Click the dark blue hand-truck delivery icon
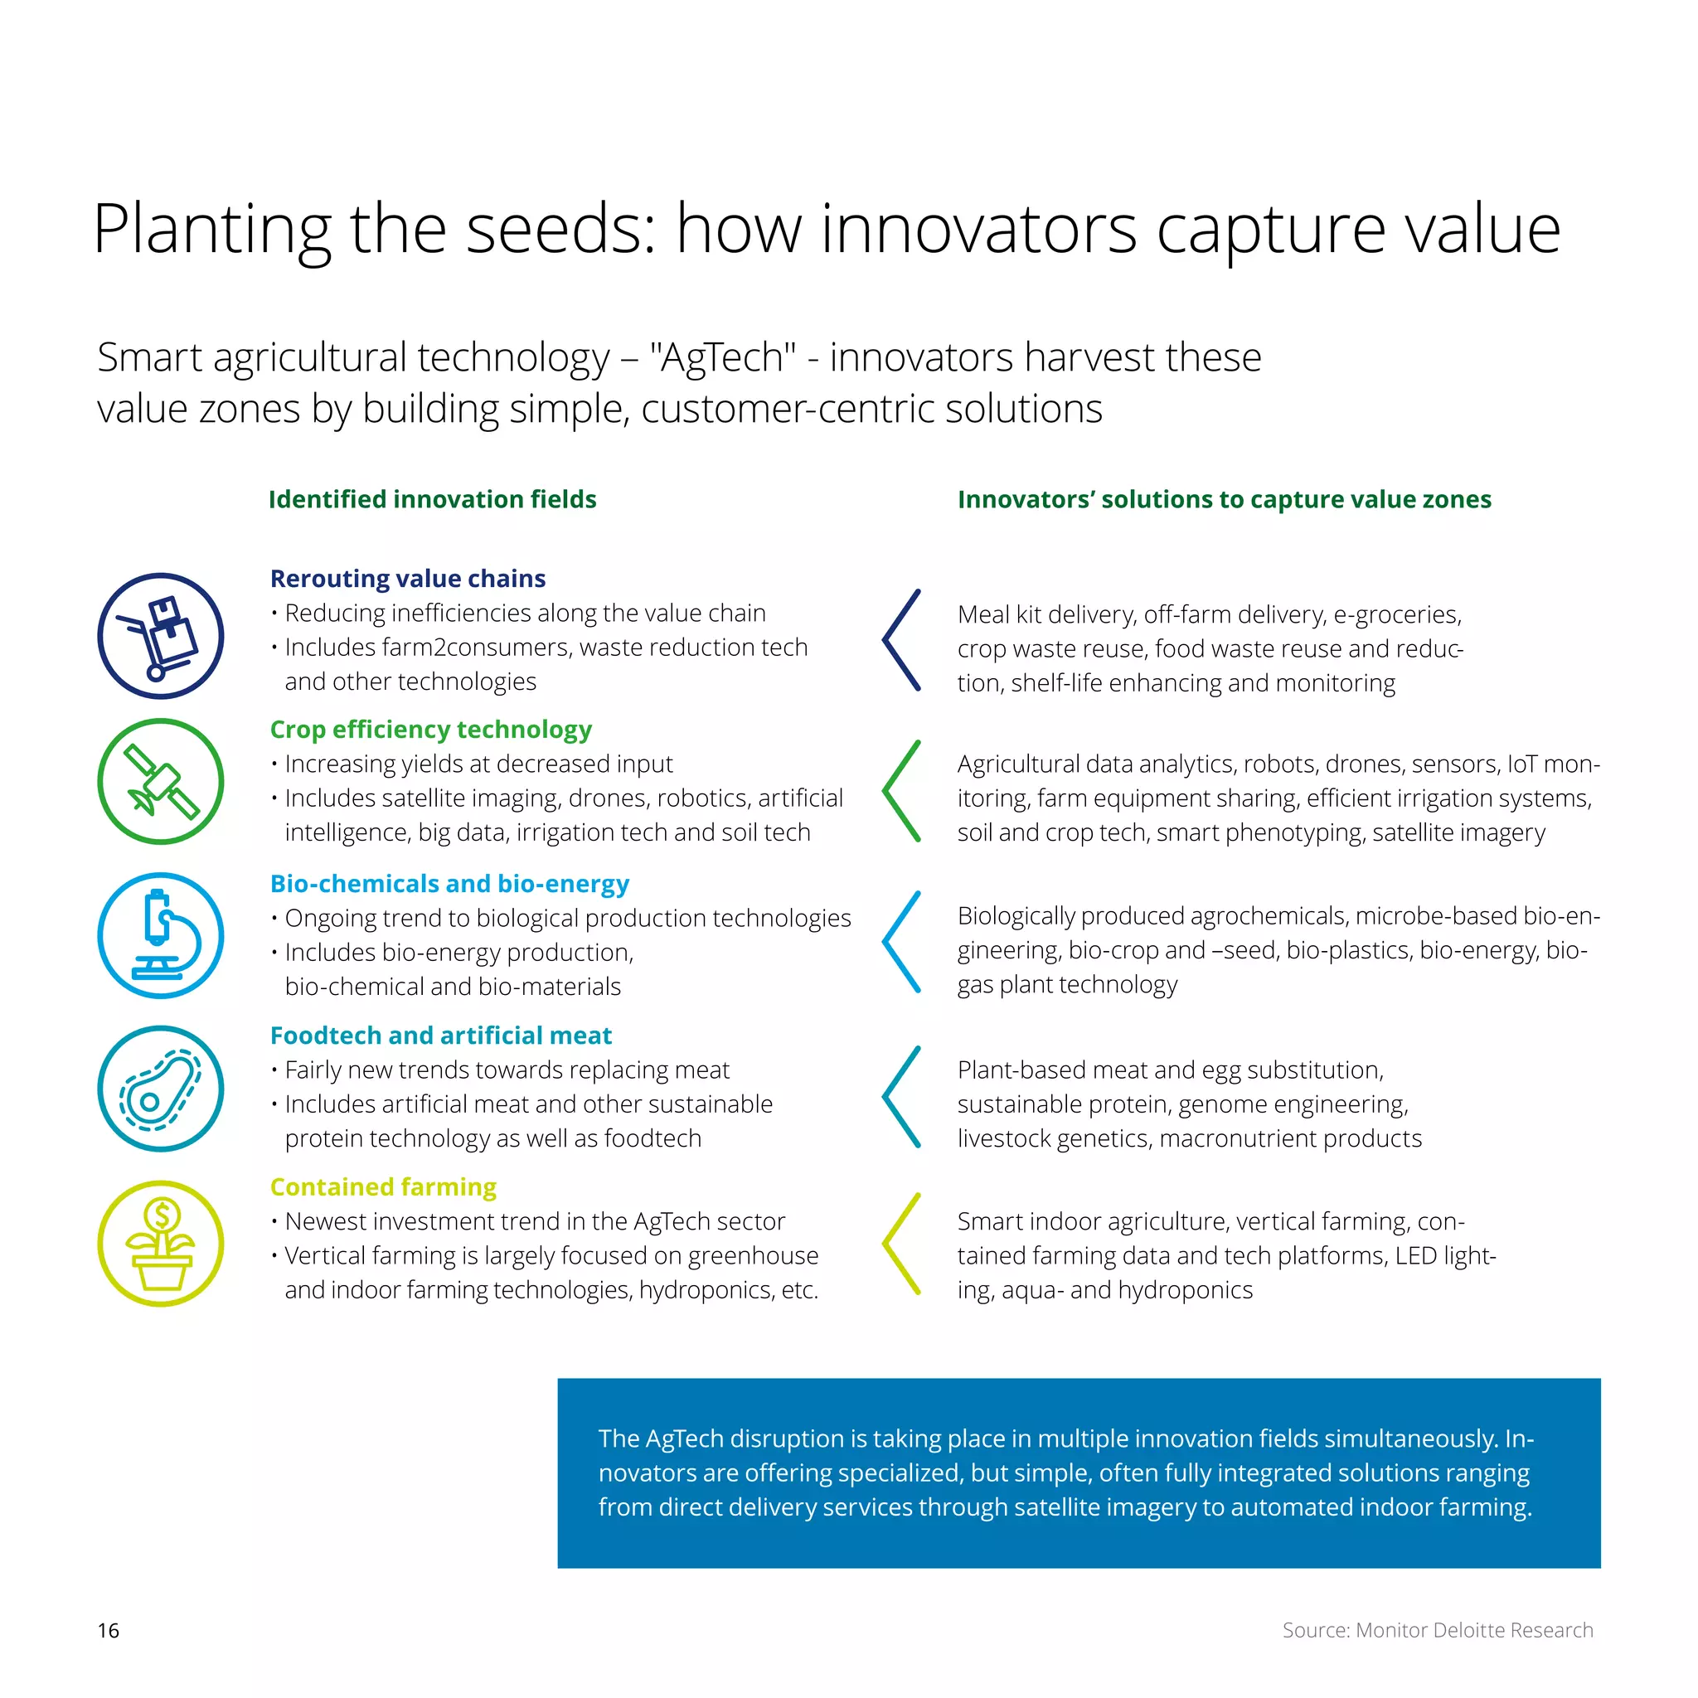[x=160, y=635]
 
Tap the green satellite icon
[x=160, y=781]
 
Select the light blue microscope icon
[x=160, y=935]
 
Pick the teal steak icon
[x=160, y=1089]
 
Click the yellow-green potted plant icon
[x=160, y=1243]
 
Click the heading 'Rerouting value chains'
[x=408, y=579]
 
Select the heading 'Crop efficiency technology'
[x=430, y=730]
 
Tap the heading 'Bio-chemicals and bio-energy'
[x=449, y=883]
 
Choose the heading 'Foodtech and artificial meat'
[x=440, y=1036]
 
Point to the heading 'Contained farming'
[x=383, y=1186]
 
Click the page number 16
[x=108, y=1630]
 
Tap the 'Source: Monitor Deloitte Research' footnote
[x=1437, y=1630]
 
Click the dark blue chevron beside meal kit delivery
[x=901, y=640]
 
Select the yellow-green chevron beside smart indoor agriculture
[x=901, y=1244]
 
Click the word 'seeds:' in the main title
[x=560, y=230]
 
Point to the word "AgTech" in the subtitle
[x=722, y=357]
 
